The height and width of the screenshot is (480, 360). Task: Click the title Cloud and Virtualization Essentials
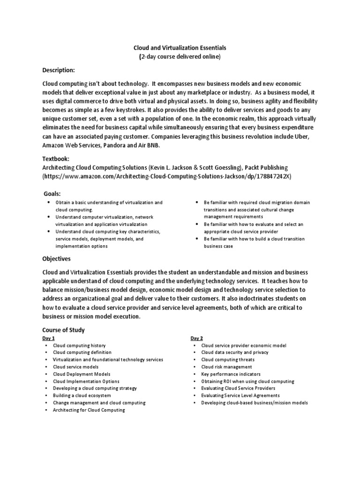click(x=180, y=48)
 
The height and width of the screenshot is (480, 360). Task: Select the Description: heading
click(x=59, y=70)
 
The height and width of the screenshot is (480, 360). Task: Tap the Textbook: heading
click(x=56, y=159)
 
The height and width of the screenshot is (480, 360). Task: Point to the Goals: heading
click(x=52, y=194)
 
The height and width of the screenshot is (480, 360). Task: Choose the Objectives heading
click(x=56, y=258)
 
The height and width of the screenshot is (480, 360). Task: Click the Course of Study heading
click(x=63, y=330)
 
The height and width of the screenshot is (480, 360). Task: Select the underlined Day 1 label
click(x=48, y=338)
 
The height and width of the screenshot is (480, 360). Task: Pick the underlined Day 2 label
click(x=196, y=338)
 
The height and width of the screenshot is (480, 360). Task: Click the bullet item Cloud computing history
click(x=79, y=345)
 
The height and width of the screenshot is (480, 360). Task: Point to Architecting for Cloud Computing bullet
click(x=89, y=410)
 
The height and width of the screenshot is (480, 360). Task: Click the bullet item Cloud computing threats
click(x=226, y=360)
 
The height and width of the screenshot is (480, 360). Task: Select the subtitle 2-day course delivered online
click(x=180, y=57)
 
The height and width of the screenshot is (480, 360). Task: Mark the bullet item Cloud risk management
click(x=226, y=367)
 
